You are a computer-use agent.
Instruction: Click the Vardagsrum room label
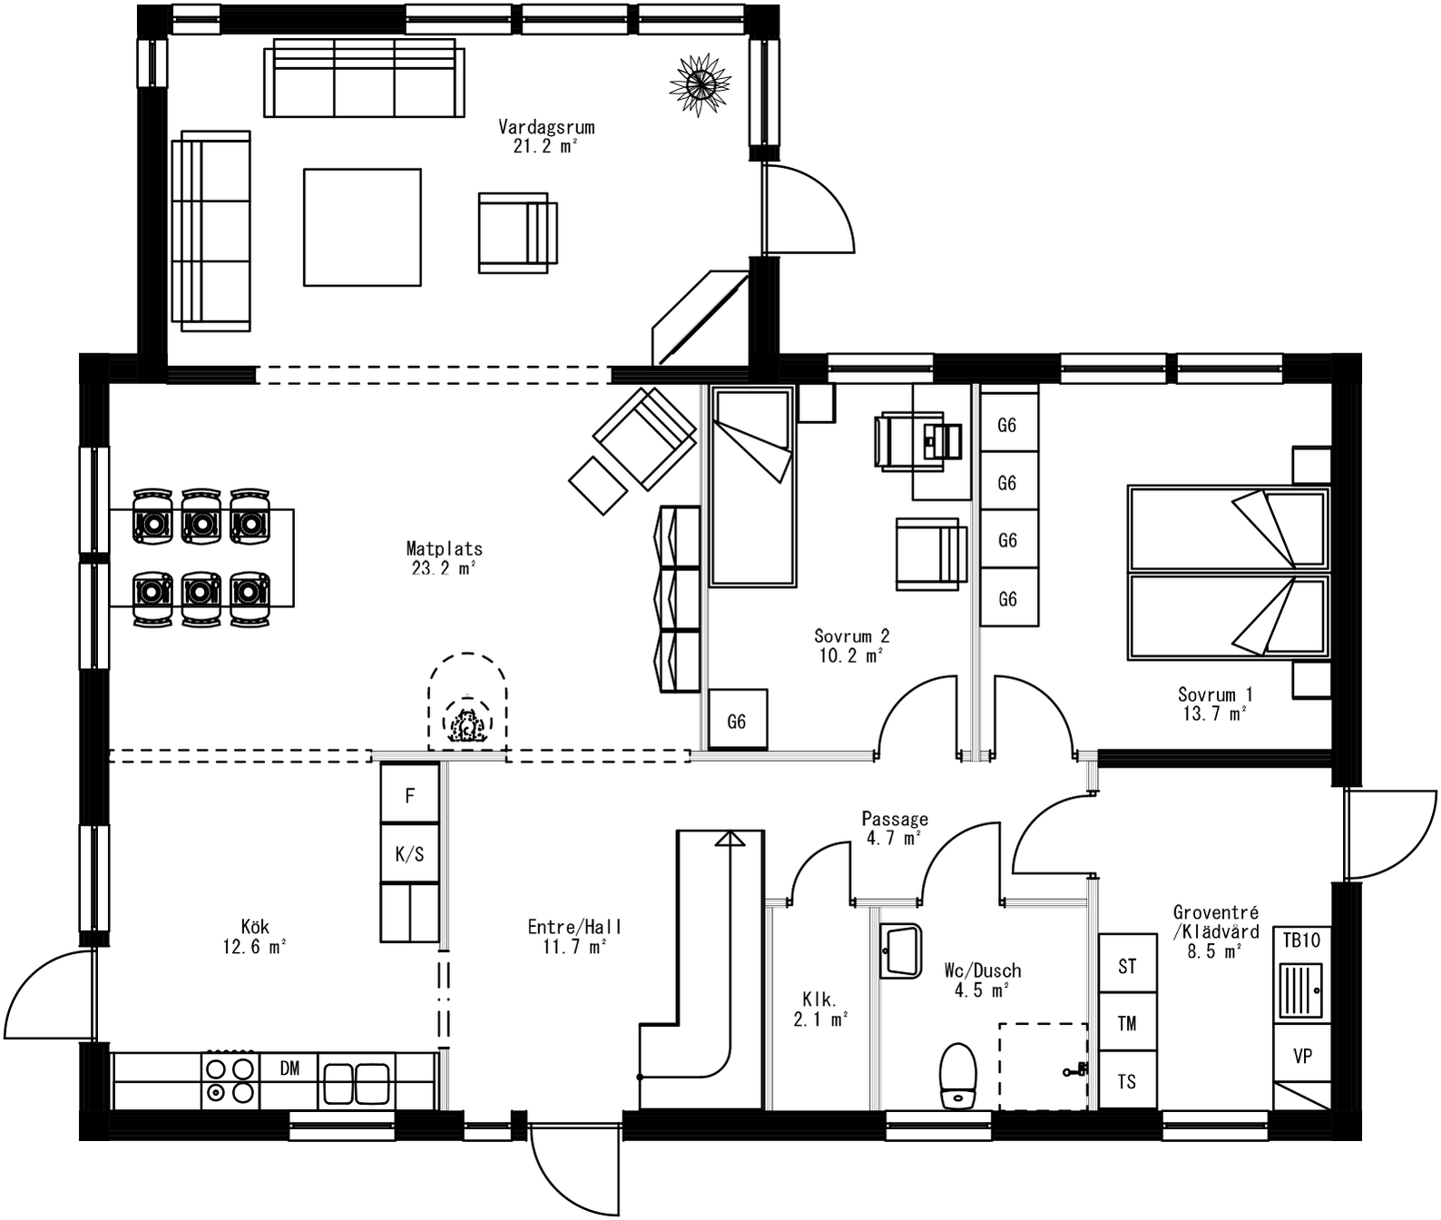point(545,136)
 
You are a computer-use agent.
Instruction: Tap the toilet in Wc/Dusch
point(957,1075)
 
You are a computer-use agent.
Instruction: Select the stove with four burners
point(230,1080)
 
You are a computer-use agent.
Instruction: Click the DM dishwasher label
point(289,1068)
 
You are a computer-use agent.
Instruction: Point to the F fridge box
point(409,795)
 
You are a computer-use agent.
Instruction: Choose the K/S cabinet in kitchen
point(409,853)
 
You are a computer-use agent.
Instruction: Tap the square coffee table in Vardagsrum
point(362,227)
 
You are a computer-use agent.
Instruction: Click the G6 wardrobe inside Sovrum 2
point(737,721)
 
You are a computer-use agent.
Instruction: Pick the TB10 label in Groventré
point(1301,940)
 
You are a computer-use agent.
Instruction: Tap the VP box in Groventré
point(1302,1056)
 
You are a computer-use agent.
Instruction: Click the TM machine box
point(1127,1023)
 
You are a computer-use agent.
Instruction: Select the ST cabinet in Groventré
point(1127,966)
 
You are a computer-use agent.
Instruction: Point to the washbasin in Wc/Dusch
point(900,950)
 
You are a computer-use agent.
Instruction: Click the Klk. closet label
point(820,1009)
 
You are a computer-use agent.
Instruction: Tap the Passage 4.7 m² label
point(894,828)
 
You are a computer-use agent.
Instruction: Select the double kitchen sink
point(356,1081)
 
